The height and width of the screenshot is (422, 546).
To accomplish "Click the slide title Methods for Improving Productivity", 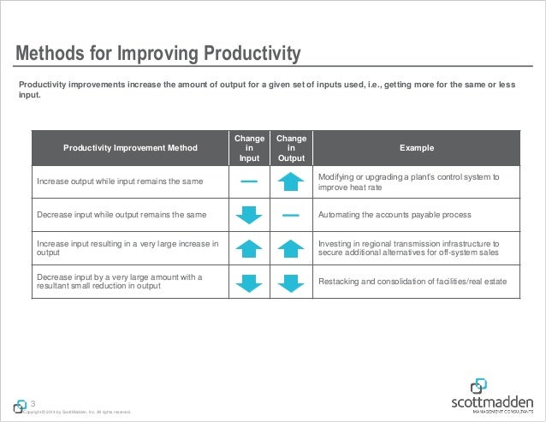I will click(x=159, y=55).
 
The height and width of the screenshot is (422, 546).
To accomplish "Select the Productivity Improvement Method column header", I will click(x=129, y=148).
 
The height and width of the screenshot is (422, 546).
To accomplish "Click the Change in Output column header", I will click(x=291, y=147).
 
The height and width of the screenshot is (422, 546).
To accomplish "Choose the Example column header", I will click(x=416, y=148).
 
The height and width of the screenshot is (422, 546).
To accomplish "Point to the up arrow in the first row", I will click(x=291, y=181).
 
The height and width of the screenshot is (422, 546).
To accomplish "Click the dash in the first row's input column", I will click(x=248, y=181).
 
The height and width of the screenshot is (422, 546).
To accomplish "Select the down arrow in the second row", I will click(x=248, y=215).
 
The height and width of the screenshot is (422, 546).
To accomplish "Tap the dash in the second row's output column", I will click(x=291, y=215).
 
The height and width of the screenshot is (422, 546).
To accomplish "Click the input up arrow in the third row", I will click(x=248, y=249).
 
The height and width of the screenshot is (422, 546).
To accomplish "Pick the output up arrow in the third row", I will click(x=291, y=249).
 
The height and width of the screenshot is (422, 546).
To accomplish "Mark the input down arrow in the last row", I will click(x=248, y=282).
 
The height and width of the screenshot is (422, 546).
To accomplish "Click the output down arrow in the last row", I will click(x=291, y=282).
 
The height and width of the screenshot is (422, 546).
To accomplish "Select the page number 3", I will click(x=33, y=404).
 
